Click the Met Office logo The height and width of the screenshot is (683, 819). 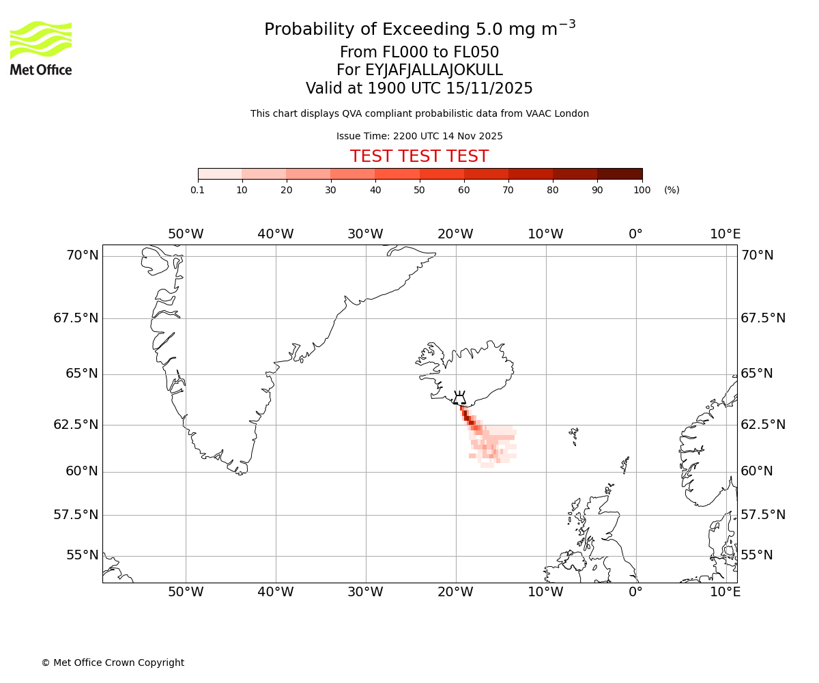tap(41, 48)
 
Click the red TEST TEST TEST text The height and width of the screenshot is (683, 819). tap(419, 156)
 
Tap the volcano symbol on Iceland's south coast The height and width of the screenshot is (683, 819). tap(459, 398)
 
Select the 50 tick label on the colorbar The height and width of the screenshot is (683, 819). tap(420, 190)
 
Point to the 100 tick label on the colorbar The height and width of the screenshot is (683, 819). tap(642, 190)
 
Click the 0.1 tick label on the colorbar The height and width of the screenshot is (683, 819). tap(198, 190)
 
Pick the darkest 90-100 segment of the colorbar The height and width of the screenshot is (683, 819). tap(620, 173)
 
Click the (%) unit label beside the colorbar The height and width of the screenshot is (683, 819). tap(672, 190)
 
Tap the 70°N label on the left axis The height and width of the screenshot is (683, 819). tap(82, 255)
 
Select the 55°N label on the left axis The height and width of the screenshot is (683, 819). tap(82, 555)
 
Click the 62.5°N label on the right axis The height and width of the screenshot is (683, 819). tap(763, 424)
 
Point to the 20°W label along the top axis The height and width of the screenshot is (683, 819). tap(455, 234)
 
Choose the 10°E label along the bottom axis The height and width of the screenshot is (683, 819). tap(725, 591)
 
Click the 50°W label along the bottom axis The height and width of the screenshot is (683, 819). tap(186, 591)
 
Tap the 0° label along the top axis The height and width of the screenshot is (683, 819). tap(635, 234)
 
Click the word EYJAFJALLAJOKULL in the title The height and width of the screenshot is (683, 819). tap(433, 70)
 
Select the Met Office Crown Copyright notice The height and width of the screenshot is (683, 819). tap(113, 663)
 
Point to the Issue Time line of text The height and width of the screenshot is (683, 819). tap(419, 136)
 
